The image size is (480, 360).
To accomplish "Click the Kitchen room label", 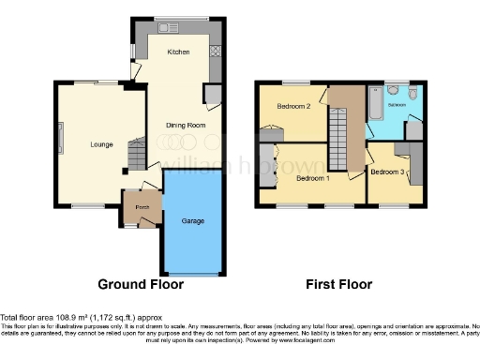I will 178,52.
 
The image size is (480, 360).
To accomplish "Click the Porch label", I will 142,207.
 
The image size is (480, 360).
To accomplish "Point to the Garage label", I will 193,221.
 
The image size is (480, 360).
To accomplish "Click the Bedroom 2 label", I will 293,106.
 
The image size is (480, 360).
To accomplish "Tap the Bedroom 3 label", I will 387,172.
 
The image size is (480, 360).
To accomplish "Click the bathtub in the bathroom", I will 375,104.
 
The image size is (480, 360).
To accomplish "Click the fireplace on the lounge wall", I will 62,140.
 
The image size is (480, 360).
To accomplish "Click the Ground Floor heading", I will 141,284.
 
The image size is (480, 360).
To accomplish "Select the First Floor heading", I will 339,284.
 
